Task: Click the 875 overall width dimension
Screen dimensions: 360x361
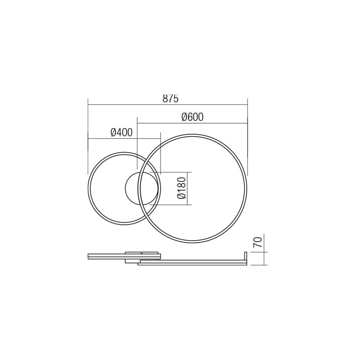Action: click(x=170, y=99)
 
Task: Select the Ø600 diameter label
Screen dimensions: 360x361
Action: click(x=193, y=117)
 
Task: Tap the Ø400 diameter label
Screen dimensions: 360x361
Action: click(x=122, y=133)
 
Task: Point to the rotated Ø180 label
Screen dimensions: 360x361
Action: click(x=181, y=188)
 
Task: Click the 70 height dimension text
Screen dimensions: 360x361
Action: click(x=259, y=242)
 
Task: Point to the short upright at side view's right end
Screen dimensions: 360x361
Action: click(x=246, y=258)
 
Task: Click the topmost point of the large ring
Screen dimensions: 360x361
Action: click(x=193, y=135)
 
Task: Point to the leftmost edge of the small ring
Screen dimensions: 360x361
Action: click(x=89, y=188)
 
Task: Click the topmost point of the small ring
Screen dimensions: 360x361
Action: click(x=124, y=153)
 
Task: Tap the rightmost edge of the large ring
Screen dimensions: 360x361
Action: click(x=246, y=188)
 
